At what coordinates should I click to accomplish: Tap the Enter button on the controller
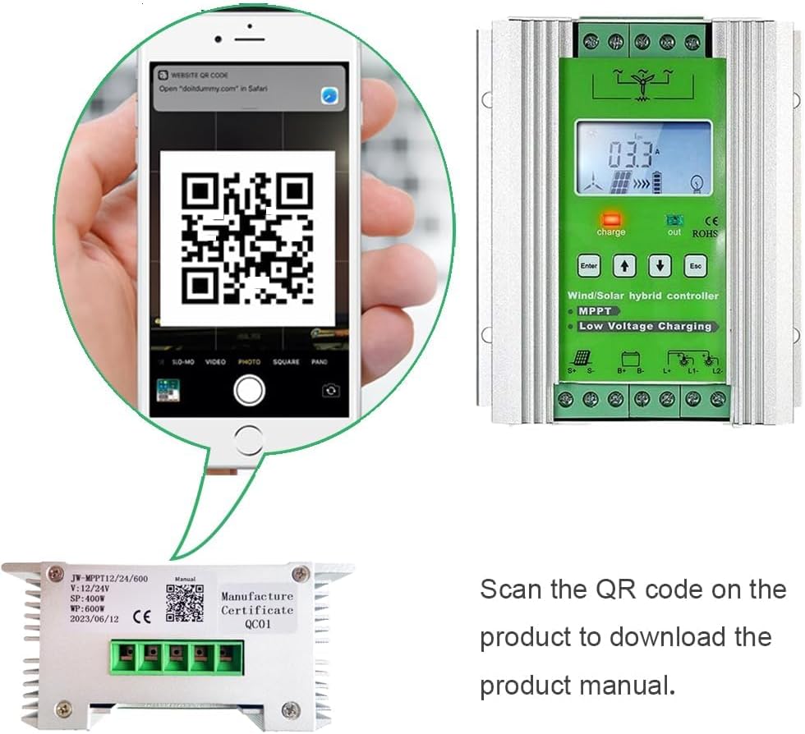[x=589, y=266]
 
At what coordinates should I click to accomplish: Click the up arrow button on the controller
[x=626, y=266]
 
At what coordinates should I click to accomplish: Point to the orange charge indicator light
[x=610, y=220]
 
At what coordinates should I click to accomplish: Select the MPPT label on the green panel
[x=595, y=311]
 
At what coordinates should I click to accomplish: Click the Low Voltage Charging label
[x=645, y=326]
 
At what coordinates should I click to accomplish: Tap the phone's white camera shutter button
[x=248, y=390]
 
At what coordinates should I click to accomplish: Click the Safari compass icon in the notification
[x=329, y=95]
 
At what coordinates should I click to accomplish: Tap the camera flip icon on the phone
[x=330, y=391]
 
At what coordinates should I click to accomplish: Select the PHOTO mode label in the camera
[x=249, y=361]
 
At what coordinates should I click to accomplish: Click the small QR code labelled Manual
[x=184, y=603]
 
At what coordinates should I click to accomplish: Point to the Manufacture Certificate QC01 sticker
[x=257, y=610]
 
